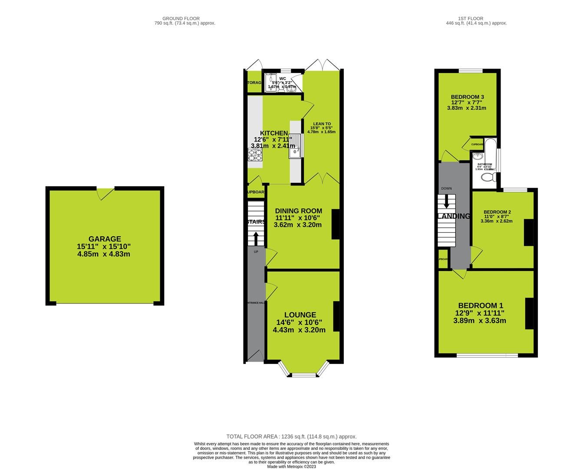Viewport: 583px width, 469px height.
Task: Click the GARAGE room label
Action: [x=104, y=239]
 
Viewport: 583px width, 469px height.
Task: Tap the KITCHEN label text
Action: [x=273, y=133]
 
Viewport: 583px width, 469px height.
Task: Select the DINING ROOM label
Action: [x=298, y=211]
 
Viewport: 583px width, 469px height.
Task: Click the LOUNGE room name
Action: [x=300, y=315]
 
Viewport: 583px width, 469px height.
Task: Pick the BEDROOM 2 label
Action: [x=497, y=212]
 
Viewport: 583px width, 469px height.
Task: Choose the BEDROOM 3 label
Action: [x=467, y=97]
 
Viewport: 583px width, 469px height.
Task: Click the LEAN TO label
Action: [x=322, y=124]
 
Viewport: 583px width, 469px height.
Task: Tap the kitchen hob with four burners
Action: [x=255, y=155]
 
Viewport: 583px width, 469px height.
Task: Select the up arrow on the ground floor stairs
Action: [x=256, y=238]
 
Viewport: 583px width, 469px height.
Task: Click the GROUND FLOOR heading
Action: [x=181, y=19]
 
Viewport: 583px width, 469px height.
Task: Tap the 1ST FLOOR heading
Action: [x=476, y=19]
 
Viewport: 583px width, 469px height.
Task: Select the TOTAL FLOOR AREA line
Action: [x=291, y=436]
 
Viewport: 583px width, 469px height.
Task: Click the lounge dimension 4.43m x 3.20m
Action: [x=299, y=330]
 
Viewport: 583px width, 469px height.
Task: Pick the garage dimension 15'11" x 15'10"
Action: [x=104, y=247]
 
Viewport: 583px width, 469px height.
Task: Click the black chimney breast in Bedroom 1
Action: [x=529, y=314]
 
